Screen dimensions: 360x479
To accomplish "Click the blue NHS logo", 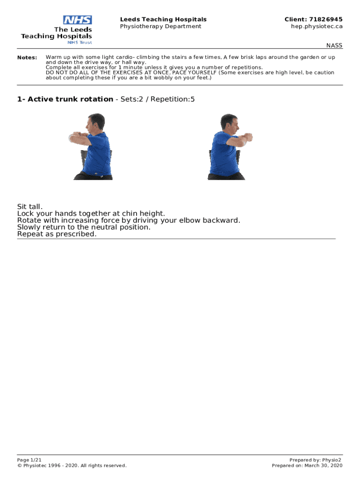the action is click(78, 20).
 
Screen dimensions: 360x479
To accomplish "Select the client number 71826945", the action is click(326, 19).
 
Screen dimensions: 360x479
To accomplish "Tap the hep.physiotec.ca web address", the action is click(317, 26).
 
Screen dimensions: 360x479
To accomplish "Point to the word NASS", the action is click(334, 45).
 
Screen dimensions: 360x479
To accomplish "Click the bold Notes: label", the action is click(27, 58).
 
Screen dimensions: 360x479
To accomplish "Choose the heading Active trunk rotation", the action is click(71, 99).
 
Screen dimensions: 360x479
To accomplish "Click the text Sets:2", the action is click(131, 99).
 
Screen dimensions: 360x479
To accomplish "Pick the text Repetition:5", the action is click(173, 99).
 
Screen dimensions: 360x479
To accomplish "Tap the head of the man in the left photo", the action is click(95, 122).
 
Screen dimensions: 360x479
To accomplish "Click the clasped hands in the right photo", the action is click(248, 137).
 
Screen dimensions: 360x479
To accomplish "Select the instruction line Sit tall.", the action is click(30, 206).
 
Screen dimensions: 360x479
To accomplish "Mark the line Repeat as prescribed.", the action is click(57, 234).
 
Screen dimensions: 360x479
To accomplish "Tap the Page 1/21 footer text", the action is click(29, 460).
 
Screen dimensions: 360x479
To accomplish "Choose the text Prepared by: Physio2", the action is click(315, 460).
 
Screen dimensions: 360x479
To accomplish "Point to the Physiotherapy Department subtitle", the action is click(161, 26).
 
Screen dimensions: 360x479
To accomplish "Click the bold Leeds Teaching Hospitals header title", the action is click(163, 19).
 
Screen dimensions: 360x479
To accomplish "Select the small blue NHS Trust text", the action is click(79, 43).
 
